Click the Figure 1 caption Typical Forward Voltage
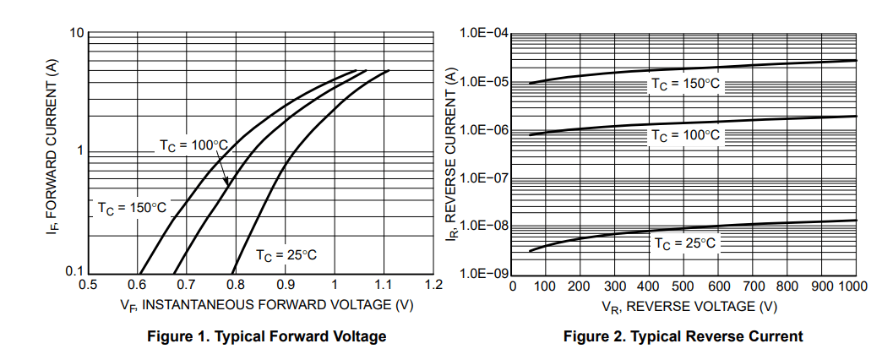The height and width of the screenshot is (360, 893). (x=266, y=336)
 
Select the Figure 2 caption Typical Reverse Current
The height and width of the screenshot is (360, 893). (x=683, y=336)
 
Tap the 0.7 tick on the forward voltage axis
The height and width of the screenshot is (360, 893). (x=186, y=285)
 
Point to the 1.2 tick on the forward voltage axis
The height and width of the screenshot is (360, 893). (x=433, y=285)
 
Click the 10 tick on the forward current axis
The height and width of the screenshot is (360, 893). (x=76, y=33)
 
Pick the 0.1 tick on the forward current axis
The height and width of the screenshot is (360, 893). (x=74, y=271)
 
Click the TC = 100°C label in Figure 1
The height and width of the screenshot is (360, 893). (x=193, y=145)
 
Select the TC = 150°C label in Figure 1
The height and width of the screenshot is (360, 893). (x=132, y=207)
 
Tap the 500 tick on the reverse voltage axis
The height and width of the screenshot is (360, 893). (x=685, y=286)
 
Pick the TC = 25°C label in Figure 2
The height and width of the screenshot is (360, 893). (x=684, y=243)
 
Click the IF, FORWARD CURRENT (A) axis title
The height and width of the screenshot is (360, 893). (x=53, y=152)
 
